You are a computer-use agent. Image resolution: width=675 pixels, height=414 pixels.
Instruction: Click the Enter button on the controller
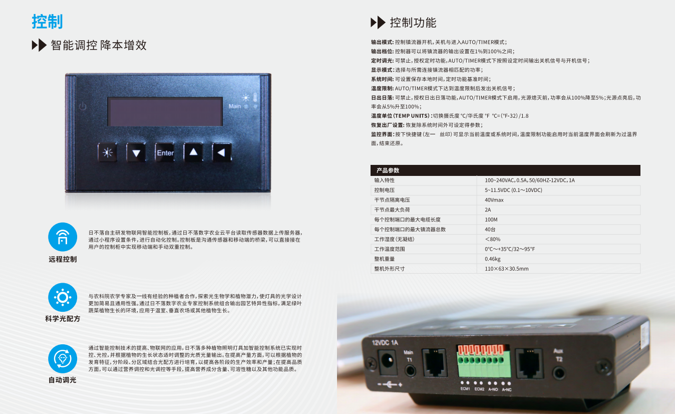tap(165, 152)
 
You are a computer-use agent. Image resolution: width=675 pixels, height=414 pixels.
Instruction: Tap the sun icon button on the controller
tap(108, 152)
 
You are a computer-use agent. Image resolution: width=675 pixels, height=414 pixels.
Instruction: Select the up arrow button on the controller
tap(193, 152)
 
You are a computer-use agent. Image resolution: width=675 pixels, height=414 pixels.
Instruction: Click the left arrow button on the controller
tap(222, 152)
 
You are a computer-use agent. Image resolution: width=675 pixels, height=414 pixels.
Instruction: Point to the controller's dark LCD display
tap(165, 112)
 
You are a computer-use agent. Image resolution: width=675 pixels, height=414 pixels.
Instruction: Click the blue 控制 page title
tap(47, 22)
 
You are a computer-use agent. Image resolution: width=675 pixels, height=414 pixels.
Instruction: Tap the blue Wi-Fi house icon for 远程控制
tap(63, 237)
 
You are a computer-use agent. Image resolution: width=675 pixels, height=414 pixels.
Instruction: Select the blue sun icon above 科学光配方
tap(63, 297)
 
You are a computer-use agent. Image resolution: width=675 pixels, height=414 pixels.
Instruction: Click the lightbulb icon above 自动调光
tap(63, 359)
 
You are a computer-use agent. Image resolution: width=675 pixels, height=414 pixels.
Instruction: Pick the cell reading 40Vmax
tap(494, 200)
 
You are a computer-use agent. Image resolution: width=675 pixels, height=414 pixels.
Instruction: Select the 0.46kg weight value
tap(492, 259)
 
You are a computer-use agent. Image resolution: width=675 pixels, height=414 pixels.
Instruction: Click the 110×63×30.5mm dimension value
tap(507, 269)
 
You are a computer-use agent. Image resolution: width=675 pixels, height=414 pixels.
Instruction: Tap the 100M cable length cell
tap(491, 220)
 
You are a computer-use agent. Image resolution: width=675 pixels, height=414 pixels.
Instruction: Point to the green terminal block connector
tap(484, 361)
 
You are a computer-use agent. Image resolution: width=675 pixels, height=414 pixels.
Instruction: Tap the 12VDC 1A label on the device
tap(385, 343)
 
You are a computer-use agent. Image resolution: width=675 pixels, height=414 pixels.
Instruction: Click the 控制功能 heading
tap(413, 23)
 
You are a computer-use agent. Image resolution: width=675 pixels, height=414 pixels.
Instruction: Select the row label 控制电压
tap(384, 190)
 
